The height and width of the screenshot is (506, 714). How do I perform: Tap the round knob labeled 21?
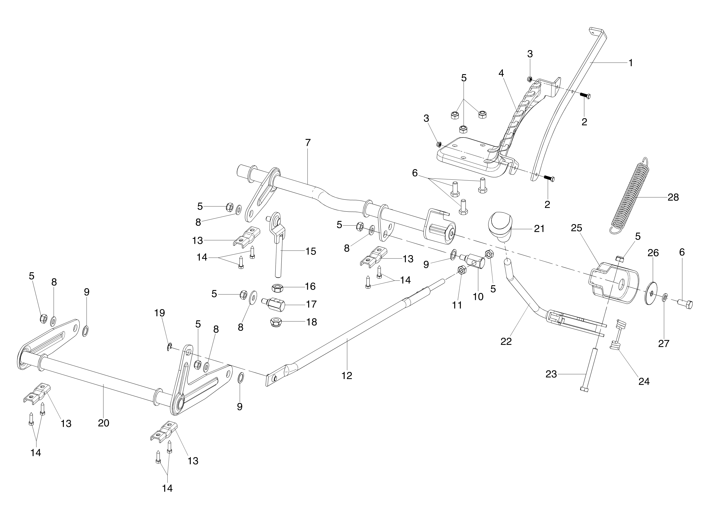[501, 226]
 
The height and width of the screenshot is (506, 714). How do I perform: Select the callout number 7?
[308, 143]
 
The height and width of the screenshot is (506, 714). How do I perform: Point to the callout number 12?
[347, 376]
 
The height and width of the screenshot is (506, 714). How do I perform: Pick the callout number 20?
[104, 423]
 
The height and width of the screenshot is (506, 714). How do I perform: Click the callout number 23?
[551, 374]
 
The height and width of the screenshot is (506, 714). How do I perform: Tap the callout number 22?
[506, 341]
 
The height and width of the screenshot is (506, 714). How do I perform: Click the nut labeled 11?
[461, 270]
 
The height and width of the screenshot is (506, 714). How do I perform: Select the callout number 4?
[501, 73]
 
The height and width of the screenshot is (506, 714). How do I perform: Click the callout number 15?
[311, 251]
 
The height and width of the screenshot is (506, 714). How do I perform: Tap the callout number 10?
[478, 297]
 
